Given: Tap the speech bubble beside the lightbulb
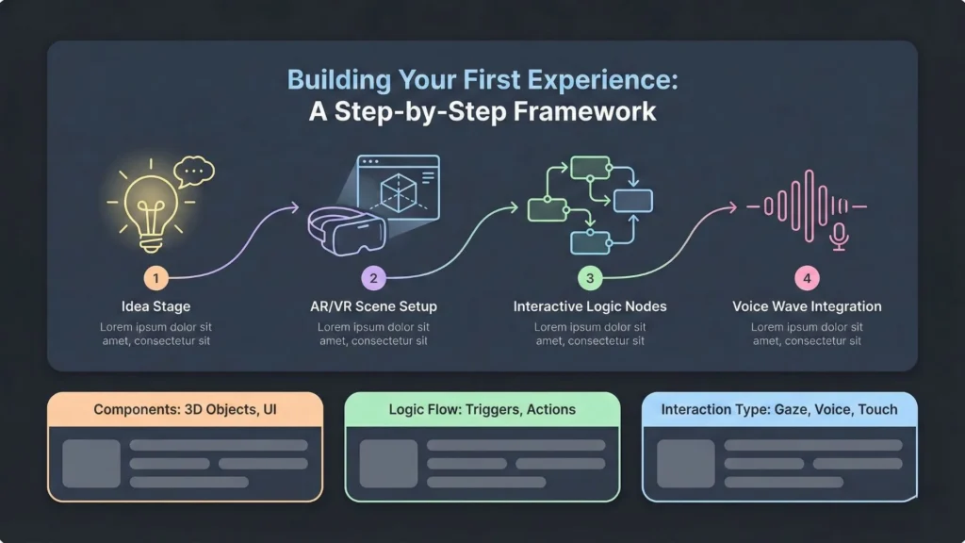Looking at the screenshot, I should (195, 172).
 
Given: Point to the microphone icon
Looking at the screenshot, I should (839, 237).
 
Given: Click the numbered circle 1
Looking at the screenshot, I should (156, 278).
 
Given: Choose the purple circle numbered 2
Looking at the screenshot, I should (373, 278).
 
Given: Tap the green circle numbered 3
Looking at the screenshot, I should (590, 278).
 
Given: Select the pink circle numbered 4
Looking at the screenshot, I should (807, 278).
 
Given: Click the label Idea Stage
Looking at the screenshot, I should (156, 306).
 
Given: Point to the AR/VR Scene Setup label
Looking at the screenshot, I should (373, 306).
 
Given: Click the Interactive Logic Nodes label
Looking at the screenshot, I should (590, 306).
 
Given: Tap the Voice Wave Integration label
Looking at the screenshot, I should (807, 306).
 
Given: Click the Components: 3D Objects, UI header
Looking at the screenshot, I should (185, 410).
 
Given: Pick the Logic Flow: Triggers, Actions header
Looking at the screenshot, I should (482, 410).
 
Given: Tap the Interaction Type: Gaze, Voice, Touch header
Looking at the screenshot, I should (778, 410).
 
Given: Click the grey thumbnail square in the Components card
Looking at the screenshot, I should (91, 463).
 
